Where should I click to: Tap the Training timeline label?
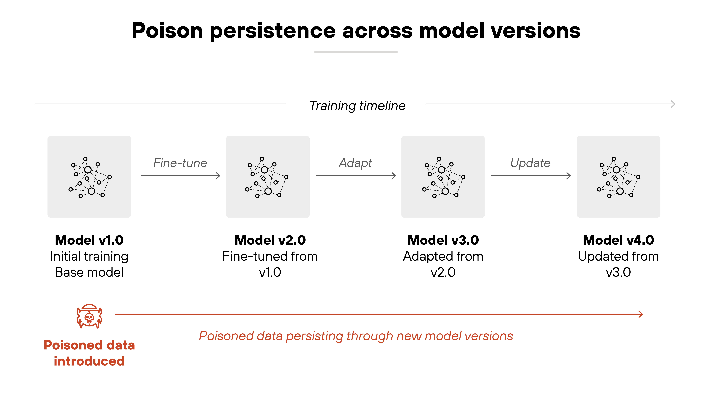click(357, 106)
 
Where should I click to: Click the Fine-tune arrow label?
click(180, 163)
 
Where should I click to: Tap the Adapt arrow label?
click(355, 163)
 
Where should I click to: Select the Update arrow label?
click(530, 163)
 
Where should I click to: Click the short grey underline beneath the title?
click(356, 52)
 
